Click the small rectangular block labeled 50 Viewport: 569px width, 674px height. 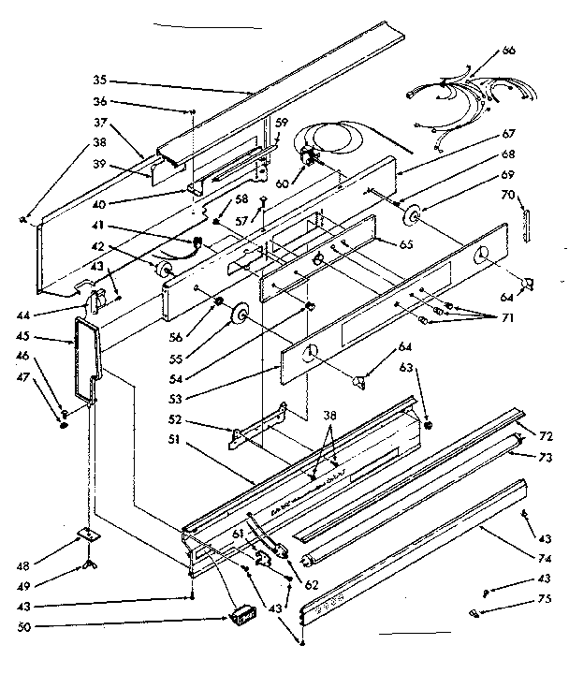tap(243, 616)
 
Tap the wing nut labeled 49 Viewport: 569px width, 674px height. tap(91, 565)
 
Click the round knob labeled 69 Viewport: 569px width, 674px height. tap(411, 218)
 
